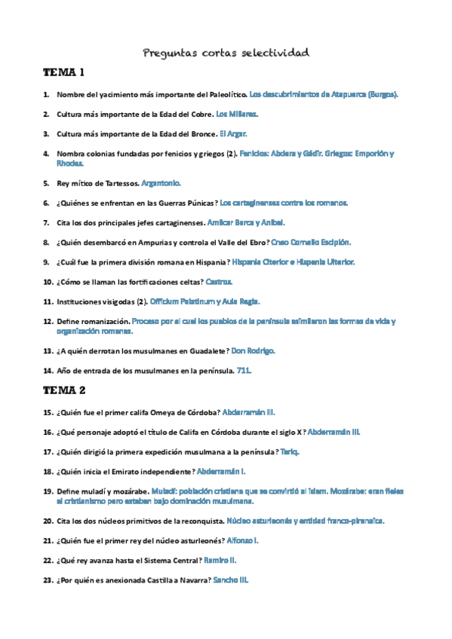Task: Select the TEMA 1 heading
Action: tap(64, 73)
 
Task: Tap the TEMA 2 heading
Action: tap(65, 390)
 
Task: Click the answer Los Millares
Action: tap(237, 115)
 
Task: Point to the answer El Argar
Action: tap(233, 134)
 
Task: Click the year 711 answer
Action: tap(244, 371)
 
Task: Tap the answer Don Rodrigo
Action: tap(253, 351)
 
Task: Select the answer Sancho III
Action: tap(231, 581)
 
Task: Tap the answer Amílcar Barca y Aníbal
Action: tap(246, 223)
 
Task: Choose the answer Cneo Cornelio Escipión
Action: tap(310, 243)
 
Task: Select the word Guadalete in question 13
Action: tap(204, 351)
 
